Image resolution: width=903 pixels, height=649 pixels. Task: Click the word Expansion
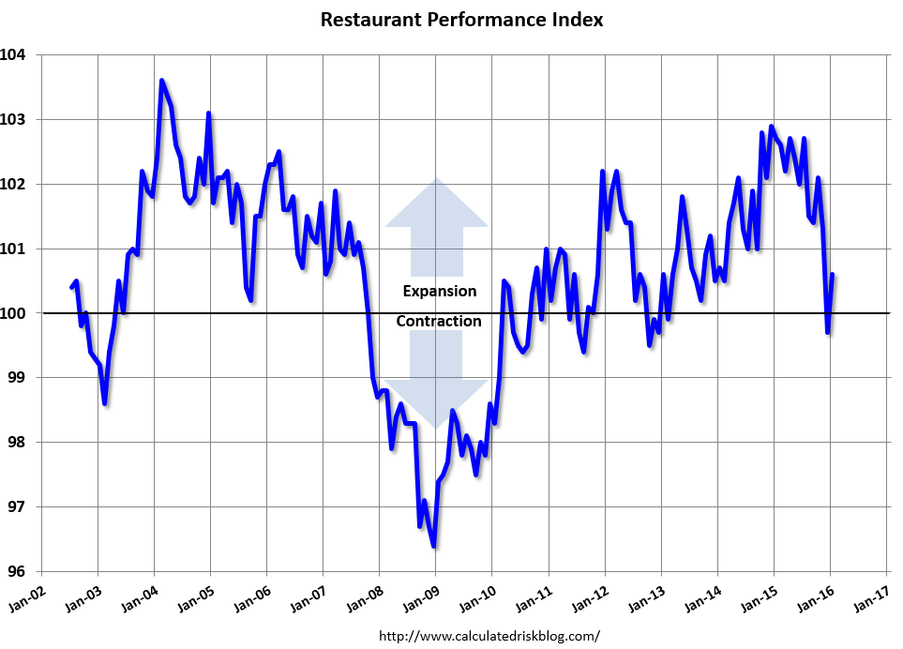click(x=439, y=291)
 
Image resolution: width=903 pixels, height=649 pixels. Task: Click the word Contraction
click(x=439, y=322)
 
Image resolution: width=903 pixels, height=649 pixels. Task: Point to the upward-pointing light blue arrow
click(x=437, y=211)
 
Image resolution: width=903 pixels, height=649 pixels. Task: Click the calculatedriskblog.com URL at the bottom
click(x=489, y=636)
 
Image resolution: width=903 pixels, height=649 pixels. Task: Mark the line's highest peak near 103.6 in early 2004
click(x=161, y=81)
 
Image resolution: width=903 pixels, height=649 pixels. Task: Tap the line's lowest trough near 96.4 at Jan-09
click(x=433, y=546)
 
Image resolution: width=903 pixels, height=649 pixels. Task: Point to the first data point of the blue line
click(x=72, y=287)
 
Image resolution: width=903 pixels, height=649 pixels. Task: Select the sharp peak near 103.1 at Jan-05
click(x=208, y=113)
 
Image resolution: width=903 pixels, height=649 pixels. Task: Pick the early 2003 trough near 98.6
click(x=104, y=403)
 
